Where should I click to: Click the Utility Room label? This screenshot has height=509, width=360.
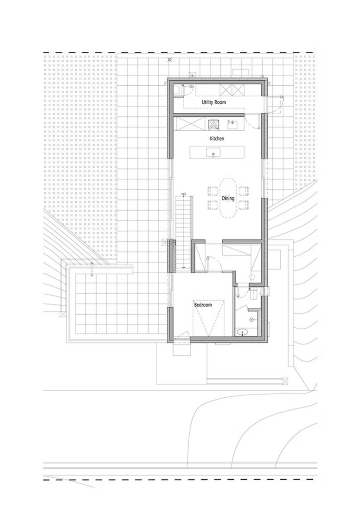(214, 102)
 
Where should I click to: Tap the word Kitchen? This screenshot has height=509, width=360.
(217, 138)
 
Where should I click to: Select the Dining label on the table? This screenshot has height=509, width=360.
(228, 199)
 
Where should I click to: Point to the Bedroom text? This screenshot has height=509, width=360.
(203, 305)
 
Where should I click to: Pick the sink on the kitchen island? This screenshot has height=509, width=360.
(213, 152)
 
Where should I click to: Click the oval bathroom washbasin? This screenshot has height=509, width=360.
(243, 332)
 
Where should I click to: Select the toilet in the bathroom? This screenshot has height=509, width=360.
(253, 294)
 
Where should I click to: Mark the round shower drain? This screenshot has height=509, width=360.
(251, 319)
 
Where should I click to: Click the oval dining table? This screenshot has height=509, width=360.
(228, 198)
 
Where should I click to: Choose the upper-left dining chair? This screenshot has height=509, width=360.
(212, 191)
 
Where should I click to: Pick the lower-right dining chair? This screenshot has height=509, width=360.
(244, 205)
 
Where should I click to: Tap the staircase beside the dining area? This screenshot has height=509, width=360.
(184, 232)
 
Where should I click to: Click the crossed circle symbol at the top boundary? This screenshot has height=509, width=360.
(169, 60)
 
